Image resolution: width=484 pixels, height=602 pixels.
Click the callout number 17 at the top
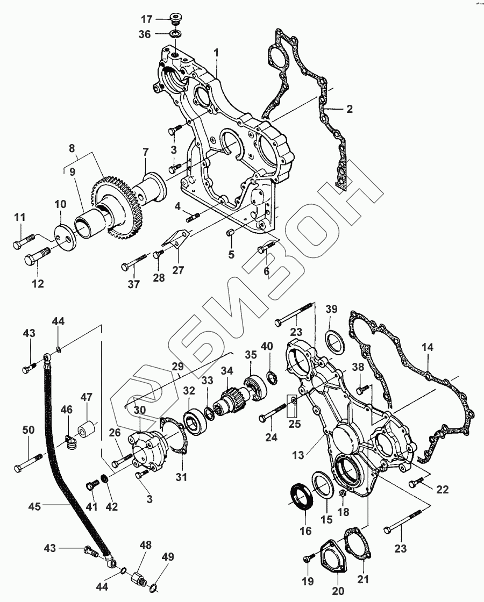pyautogui.click(x=147, y=20)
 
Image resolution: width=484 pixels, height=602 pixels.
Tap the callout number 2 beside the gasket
pyautogui.click(x=349, y=109)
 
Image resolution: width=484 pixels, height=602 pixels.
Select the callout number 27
pyautogui.click(x=177, y=270)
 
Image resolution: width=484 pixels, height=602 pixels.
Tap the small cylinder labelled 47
pyautogui.click(x=85, y=431)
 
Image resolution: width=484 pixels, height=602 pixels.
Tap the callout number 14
pyautogui.click(x=427, y=348)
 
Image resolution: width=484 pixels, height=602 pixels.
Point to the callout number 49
pyautogui.click(x=168, y=557)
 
